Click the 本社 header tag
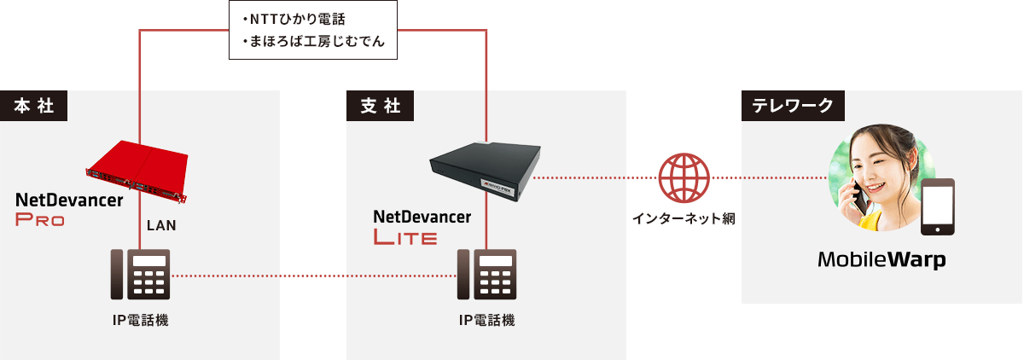pos(34,106)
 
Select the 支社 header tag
pos(380,106)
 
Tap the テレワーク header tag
pos(793,106)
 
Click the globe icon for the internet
pos(684,178)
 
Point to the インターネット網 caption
pos(684,218)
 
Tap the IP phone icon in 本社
pos(141,275)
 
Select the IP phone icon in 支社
pos(487,275)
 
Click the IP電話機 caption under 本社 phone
pos(141,321)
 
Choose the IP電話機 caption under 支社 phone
pos(487,321)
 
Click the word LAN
pos(161,226)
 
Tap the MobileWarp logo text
pos(881,259)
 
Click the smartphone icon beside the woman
pos(936,207)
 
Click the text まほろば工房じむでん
pos(312,41)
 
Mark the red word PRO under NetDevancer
pos(40,220)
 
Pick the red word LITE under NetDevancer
pos(405,237)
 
